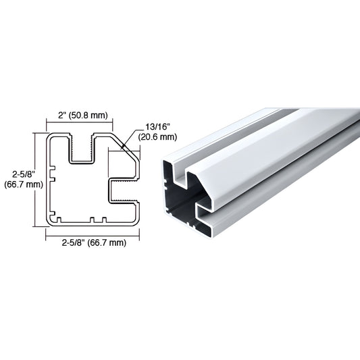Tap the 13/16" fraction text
pyautogui.click(x=156, y=127)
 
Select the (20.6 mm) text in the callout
pyautogui.click(x=157, y=136)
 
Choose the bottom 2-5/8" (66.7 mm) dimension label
pyautogui.click(x=93, y=242)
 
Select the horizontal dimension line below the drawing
pyautogui.click(x=93, y=233)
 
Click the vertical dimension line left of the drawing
pyautogui.click(x=36, y=178)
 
